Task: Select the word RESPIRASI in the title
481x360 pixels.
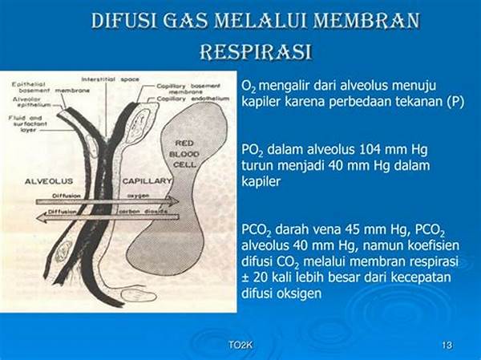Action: point(255,53)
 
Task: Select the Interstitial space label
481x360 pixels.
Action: point(112,80)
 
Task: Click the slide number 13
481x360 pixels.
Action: point(447,346)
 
